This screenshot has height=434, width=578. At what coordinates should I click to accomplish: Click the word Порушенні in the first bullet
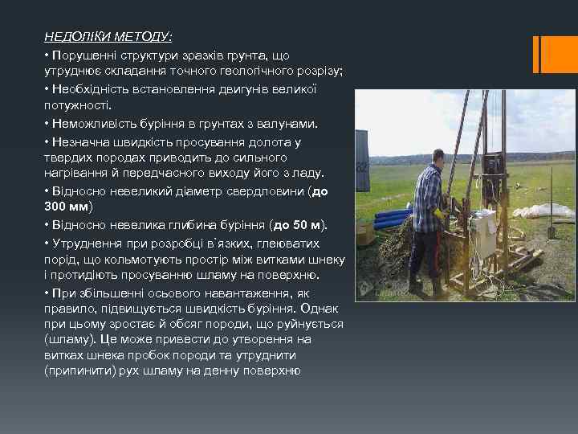click(x=80, y=55)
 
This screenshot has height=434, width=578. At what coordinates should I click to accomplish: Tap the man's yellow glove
click(x=439, y=214)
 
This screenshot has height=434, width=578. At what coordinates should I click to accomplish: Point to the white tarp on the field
click(x=544, y=211)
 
